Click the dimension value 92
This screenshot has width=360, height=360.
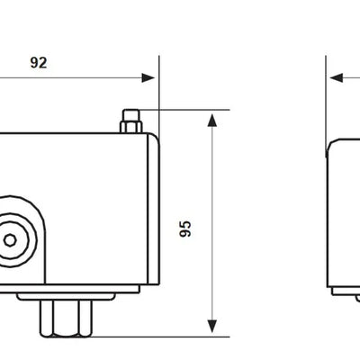(x=37, y=63)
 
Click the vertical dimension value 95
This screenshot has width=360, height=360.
(x=186, y=228)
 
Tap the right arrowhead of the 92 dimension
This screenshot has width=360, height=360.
(x=149, y=77)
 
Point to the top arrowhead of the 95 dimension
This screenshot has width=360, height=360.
(x=211, y=120)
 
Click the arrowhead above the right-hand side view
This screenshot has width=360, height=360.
(x=336, y=77)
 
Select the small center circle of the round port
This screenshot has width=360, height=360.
(x=11, y=240)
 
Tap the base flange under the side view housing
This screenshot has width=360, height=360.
(x=346, y=291)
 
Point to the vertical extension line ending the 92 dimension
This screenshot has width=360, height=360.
(x=158, y=90)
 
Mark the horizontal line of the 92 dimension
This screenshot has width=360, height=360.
(x=81, y=77)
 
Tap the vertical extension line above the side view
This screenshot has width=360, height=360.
(x=326, y=99)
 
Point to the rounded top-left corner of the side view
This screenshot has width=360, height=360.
(x=330, y=144)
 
